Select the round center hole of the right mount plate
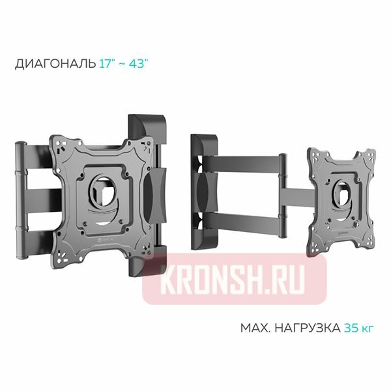point(341,189)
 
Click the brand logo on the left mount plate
point(93,244)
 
